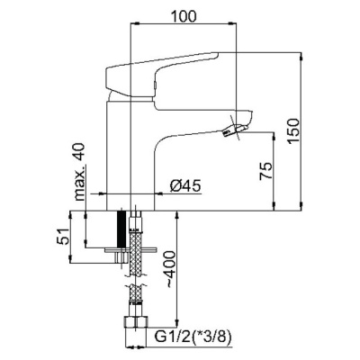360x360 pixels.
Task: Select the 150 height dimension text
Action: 293,130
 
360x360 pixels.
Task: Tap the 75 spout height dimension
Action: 266,171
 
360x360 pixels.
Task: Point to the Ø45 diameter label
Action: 185,186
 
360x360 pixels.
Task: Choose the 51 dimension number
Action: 63,237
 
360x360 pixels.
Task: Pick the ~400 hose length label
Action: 169,270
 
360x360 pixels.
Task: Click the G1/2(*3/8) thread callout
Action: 193,337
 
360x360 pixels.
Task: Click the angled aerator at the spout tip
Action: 235,130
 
